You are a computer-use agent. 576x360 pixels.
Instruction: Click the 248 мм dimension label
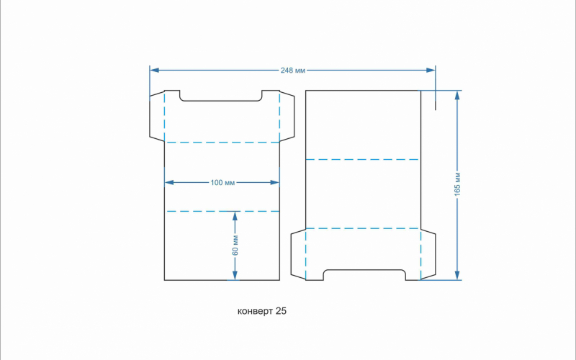pyautogui.click(x=293, y=70)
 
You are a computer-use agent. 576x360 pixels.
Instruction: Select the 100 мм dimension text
pyautogui.click(x=222, y=183)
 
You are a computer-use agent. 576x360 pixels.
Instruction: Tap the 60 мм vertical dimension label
pyautogui.click(x=235, y=246)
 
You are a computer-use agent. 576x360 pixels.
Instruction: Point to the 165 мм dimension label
pyautogui.click(x=457, y=184)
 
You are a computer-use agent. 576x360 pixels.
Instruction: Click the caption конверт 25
pyautogui.click(x=262, y=311)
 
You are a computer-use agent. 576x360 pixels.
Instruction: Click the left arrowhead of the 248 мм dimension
pyautogui.click(x=154, y=70)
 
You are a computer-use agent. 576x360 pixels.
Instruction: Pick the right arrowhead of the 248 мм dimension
pyautogui.click(x=431, y=70)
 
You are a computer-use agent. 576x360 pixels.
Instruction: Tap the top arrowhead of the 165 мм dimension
pyautogui.click(x=457, y=95)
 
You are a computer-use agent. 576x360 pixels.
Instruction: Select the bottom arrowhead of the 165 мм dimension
pyautogui.click(x=457, y=275)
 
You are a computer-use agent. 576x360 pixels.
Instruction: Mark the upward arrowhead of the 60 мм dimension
pyautogui.click(x=235, y=217)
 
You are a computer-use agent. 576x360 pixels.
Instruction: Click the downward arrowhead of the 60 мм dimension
pyautogui.click(x=235, y=276)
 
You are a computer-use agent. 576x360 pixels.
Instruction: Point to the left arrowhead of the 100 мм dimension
pyautogui.click(x=169, y=183)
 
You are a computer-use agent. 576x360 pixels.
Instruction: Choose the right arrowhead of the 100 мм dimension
pyautogui.click(x=275, y=183)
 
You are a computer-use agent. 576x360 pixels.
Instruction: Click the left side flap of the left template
pyautogui.click(x=157, y=117)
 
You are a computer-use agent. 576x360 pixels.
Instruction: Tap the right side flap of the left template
pyautogui.click(x=287, y=117)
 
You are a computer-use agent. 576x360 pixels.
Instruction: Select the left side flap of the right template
pyautogui.click(x=298, y=254)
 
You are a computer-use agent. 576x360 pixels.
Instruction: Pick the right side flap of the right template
pyautogui.click(x=428, y=254)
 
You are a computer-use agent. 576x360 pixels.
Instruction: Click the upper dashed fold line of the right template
pyautogui.click(x=362, y=159)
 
